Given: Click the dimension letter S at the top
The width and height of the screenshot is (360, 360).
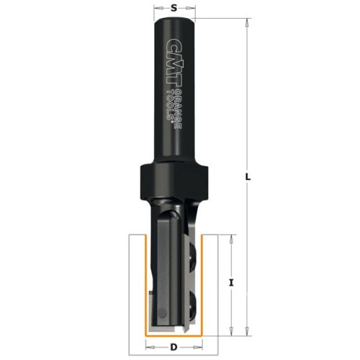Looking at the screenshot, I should (x=175, y=9).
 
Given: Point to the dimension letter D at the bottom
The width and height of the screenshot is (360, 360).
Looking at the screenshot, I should (x=175, y=348).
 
